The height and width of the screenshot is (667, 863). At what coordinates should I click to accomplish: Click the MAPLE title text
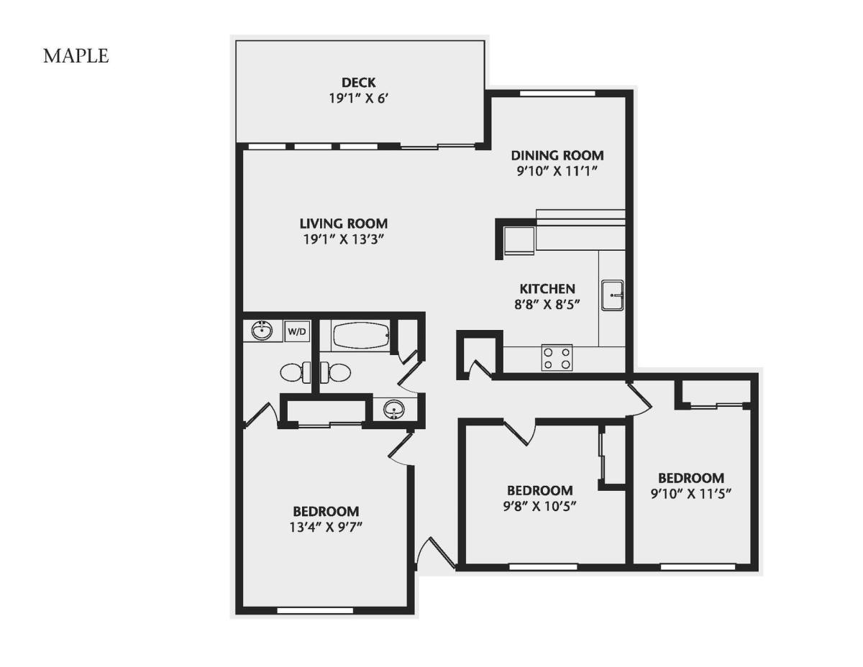click(x=76, y=56)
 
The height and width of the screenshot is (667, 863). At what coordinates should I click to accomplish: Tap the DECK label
click(x=359, y=83)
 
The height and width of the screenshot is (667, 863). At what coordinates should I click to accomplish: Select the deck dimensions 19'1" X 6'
click(x=358, y=98)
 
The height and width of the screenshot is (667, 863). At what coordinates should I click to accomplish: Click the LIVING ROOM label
click(x=344, y=224)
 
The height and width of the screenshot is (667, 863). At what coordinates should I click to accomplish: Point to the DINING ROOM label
click(x=557, y=155)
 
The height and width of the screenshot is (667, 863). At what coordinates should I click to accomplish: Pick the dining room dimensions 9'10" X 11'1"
click(x=557, y=171)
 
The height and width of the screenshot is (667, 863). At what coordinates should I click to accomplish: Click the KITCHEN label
click(x=547, y=288)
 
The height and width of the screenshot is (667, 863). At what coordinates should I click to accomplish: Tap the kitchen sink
click(x=612, y=295)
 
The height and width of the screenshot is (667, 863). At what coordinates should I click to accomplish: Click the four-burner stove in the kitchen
click(x=557, y=357)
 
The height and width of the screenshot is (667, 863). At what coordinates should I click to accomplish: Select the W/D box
click(x=297, y=331)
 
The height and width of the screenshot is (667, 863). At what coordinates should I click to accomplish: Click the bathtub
click(x=361, y=335)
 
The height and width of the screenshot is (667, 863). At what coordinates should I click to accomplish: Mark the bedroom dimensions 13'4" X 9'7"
click(x=326, y=528)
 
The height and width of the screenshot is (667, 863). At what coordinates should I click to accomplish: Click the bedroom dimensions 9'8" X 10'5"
click(x=539, y=507)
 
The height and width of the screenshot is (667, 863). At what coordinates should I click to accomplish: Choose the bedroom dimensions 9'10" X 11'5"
click(x=691, y=494)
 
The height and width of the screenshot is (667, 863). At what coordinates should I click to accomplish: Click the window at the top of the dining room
click(x=557, y=93)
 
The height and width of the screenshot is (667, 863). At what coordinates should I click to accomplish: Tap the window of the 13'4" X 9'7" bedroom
click(x=315, y=611)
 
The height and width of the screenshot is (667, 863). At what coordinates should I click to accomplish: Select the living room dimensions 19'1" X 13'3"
click(x=344, y=239)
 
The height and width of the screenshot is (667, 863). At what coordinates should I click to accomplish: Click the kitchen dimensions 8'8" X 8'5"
click(x=547, y=305)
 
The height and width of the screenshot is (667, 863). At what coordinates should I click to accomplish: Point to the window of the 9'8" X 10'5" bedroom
click(x=543, y=567)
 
